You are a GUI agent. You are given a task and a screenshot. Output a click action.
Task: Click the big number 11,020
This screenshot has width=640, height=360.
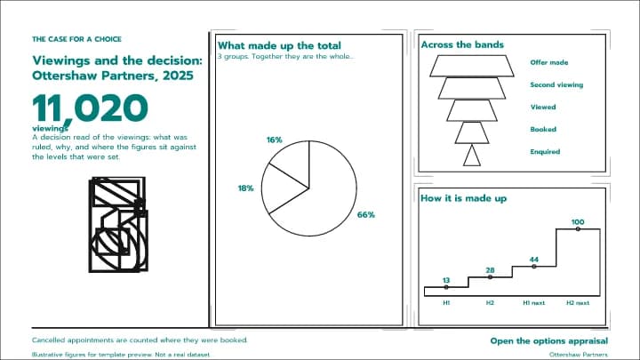90,108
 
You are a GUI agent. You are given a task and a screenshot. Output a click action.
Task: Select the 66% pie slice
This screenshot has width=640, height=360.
326,196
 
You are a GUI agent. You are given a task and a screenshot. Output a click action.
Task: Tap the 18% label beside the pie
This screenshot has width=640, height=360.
245,188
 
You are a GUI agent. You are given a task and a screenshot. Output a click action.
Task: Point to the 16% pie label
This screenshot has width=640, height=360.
275,140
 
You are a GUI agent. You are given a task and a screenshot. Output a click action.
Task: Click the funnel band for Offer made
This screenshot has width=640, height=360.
472,66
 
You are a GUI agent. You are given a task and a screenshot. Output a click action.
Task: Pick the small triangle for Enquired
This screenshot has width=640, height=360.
472,156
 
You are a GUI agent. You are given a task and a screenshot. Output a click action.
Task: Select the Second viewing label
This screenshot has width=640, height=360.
556,85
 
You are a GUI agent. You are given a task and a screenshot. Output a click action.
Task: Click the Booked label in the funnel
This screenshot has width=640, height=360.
543,129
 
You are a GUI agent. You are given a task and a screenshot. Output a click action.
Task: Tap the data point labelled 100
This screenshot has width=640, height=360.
578,229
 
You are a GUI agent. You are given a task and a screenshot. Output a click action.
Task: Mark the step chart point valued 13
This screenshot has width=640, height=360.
446,287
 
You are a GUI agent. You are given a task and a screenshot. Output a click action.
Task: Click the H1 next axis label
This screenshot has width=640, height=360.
534,303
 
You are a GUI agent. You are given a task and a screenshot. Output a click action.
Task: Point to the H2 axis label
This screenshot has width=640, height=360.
490,303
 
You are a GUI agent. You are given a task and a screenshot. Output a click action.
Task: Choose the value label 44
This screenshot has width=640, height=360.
534,260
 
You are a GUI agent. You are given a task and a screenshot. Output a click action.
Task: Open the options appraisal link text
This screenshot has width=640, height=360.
549,340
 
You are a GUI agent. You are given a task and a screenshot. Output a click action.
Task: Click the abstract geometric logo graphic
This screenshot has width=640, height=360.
118,225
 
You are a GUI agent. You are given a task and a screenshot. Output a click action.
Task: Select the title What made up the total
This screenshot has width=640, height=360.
279,45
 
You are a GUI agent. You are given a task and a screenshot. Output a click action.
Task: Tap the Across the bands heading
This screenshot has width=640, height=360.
462,44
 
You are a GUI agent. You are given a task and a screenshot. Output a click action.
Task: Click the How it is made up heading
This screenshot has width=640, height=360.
464,198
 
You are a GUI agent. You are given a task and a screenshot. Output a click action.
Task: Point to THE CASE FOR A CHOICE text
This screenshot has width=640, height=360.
76,39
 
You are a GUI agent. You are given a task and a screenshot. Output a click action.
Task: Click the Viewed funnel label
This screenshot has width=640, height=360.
543,107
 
